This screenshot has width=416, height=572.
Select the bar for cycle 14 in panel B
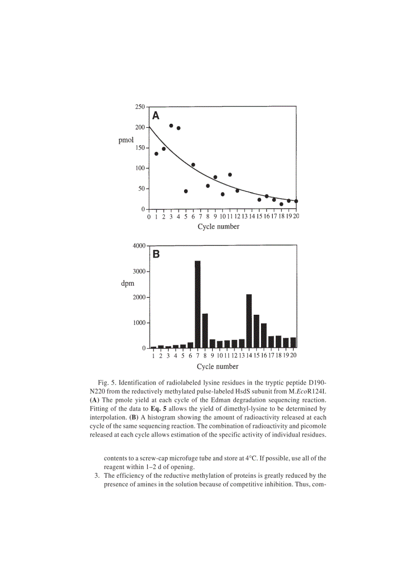click(249, 321)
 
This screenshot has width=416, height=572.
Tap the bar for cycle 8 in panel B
click(205, 331)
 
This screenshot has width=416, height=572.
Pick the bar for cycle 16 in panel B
click(264, 336)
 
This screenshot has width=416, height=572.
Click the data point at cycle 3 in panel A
click(171, 125)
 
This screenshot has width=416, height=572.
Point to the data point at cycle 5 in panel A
click(186, 191)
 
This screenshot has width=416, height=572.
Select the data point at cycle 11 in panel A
click(230, 175)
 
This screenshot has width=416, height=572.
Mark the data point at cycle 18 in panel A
click(281, 204)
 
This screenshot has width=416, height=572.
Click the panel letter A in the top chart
click(156, 115)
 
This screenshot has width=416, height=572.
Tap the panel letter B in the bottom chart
click(156, 254)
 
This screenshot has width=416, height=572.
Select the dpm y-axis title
click(127, 283)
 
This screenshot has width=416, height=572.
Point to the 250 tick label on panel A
click(139, 107)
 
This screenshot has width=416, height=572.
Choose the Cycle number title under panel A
click(218, 227)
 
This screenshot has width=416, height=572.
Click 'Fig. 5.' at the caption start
click(109, 382)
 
